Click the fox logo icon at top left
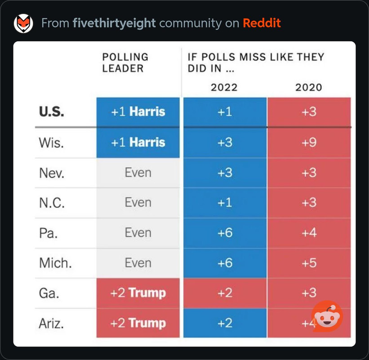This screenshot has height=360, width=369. coord(23,23)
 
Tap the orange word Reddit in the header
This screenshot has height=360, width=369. coord(262,23)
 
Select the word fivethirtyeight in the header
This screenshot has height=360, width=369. coord(114,23)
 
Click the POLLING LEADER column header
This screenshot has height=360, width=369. coord(125,63)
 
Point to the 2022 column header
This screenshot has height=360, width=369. coord(224,87)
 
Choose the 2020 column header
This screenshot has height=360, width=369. coord(309,87)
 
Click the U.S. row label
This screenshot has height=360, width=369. coord(52,112)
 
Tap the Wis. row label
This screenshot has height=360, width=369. coord(51,143)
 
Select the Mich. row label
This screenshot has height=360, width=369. coord(56,263)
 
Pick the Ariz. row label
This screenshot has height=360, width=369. coord(51,323)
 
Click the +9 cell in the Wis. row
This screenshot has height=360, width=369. coord(309,143)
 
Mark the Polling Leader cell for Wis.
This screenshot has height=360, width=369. coord(138,143)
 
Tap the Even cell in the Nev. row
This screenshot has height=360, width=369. coord(138,173)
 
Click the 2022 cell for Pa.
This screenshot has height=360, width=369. coord(225,233)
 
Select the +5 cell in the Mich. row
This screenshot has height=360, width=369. coord(309,263)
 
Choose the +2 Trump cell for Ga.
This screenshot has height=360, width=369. coord(138,293)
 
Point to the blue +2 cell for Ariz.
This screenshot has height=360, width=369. coord(225,323)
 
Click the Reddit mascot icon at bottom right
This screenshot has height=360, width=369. coord(327,316)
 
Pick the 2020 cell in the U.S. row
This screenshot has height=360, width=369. coord(309,112)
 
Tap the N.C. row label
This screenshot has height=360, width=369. coord(52,203)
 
